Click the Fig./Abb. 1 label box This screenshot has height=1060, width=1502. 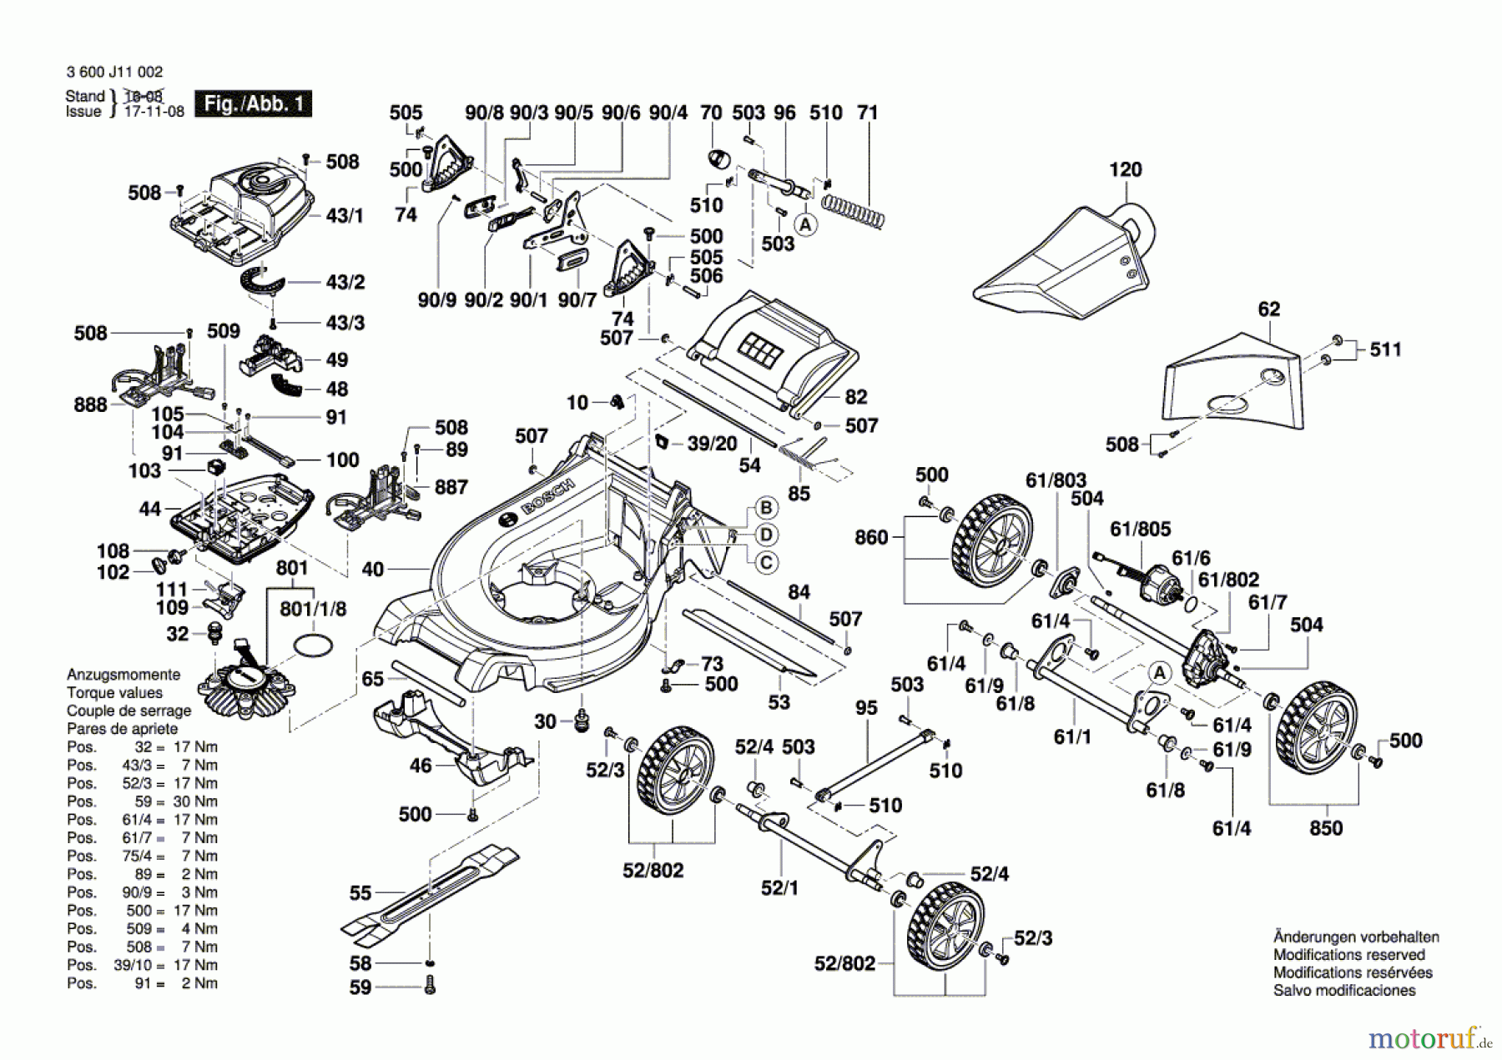point(253,103)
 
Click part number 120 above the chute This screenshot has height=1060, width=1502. point(1125,169)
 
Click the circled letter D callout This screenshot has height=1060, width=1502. point(766,535)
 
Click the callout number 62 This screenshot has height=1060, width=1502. point(1268,309)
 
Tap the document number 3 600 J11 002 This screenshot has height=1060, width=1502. point(114,73)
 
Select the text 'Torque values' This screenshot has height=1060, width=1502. point(114,692)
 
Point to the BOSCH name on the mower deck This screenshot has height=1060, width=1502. point(547,497)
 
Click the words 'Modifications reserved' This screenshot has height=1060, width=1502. point(1348,955)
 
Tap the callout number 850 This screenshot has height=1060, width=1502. point(1325,828)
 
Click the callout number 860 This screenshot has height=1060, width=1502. point(871,537)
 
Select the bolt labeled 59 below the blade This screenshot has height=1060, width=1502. point(430,987)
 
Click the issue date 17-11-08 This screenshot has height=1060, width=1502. point(154,112)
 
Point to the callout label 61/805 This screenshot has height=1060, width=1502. point(1140,529)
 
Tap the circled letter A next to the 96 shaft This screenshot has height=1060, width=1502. point(805,224)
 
